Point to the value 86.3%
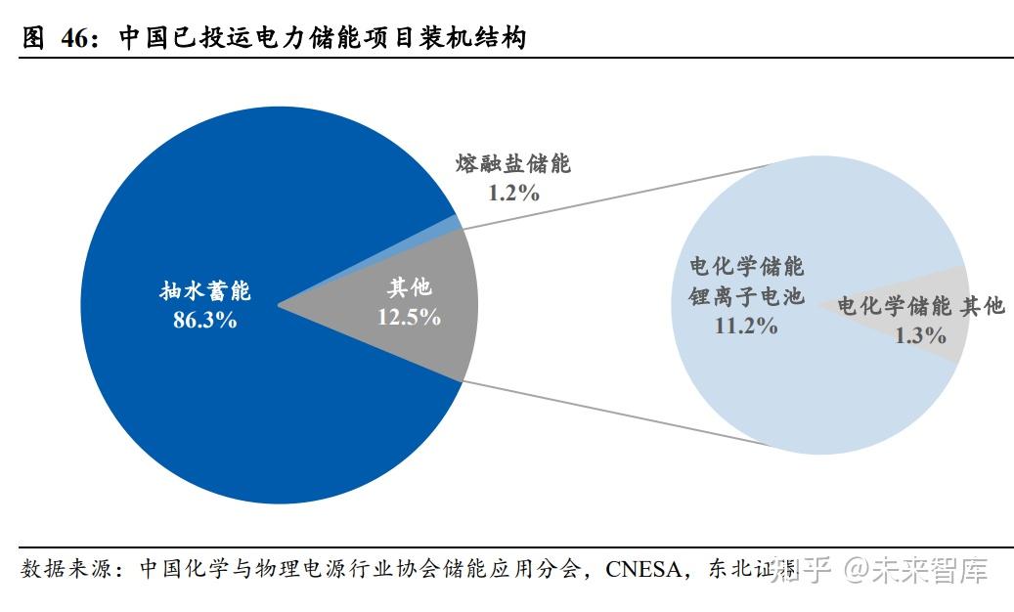204,320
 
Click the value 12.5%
409,317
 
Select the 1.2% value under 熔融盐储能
513,192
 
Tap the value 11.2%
746,326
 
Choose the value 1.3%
920,335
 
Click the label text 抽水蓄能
205,291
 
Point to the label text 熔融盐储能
513,163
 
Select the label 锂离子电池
747,296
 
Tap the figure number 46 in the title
73,38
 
